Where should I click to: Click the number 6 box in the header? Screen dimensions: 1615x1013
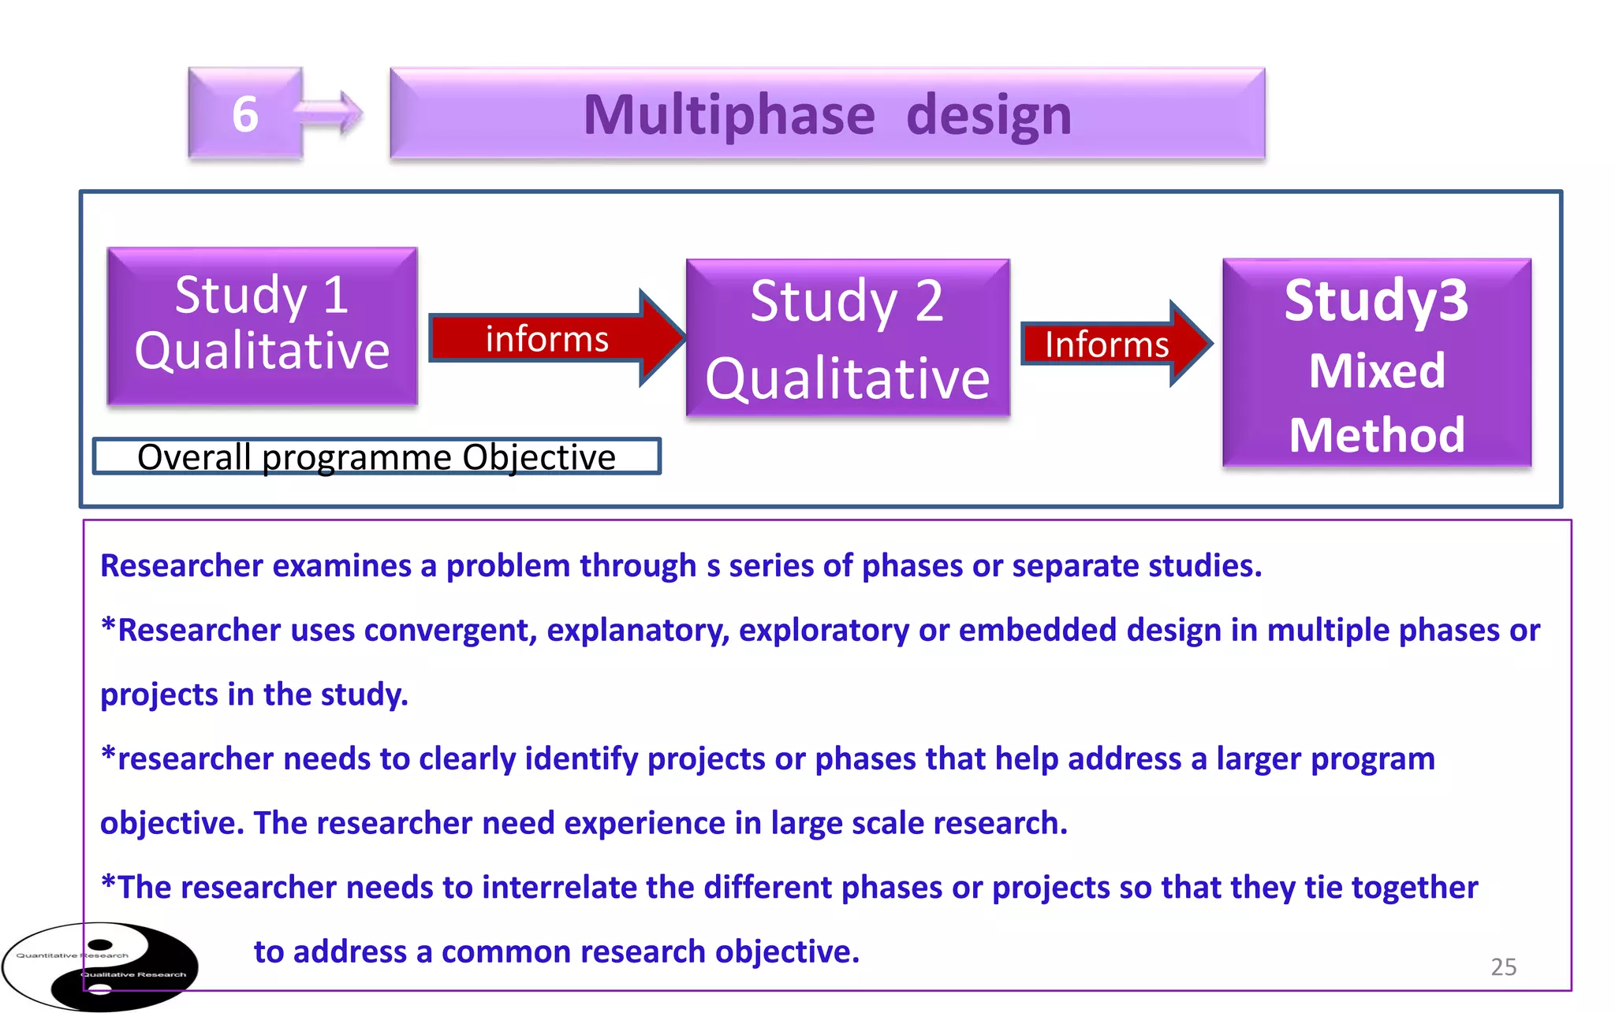tap(244, 114)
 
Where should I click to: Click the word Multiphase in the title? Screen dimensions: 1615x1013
tap(729, 115)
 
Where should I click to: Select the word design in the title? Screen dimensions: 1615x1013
tap(989, 115)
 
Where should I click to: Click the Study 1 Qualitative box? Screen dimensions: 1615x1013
tap(262, 326)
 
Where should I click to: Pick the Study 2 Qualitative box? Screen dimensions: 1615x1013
tap(848, 337)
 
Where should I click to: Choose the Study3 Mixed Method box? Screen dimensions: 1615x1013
tap(1377, 363)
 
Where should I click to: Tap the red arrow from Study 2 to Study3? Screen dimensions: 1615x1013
tap(1113, 344)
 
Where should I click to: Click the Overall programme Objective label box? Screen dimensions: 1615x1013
tap(376, 456)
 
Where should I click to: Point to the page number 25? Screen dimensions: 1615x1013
tap(1503, 966)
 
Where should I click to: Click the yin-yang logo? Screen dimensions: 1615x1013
tap(100, 966)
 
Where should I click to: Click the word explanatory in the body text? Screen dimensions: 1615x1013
tap(638, 631)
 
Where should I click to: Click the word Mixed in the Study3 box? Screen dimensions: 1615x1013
tap(1377, 371)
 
